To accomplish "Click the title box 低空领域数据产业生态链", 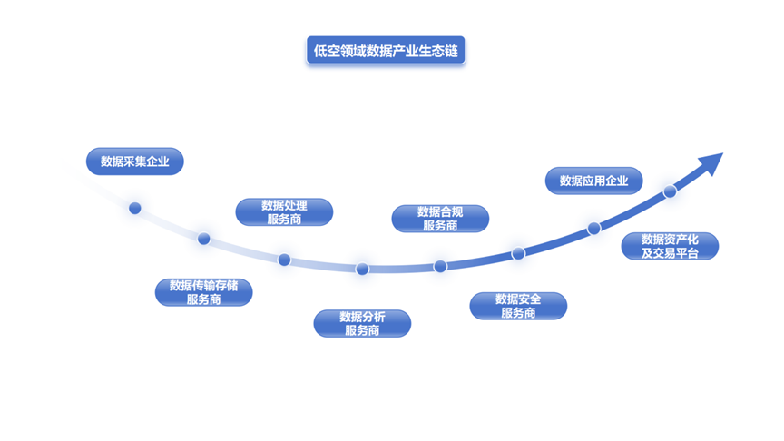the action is [x=386, y=51].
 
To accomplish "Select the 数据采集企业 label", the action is [x=135, y=162].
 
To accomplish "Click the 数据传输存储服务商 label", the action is [x=203, y=292].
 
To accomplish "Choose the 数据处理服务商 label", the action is [x=284, y=211].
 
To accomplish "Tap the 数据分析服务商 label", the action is [x=362, y=323].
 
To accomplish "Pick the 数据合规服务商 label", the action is [x=440, y=218].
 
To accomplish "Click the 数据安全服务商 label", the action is [x=518, y=306].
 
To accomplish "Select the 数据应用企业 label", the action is [x=593, y=180].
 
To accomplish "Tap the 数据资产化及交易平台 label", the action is [x=670, y=246].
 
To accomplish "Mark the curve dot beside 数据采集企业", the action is [x=135, y=208].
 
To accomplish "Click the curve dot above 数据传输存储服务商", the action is [x=204, y=239].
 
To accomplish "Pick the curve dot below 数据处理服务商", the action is [x=284, y=260].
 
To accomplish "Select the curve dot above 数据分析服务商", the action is [x=362, y=269].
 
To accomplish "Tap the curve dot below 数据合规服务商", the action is [x=440, y=266].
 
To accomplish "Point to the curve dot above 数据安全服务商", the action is [x=518, y=253].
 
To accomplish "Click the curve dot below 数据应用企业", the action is [x=593, y=229].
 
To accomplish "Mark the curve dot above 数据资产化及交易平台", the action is [x=670, y=191].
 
